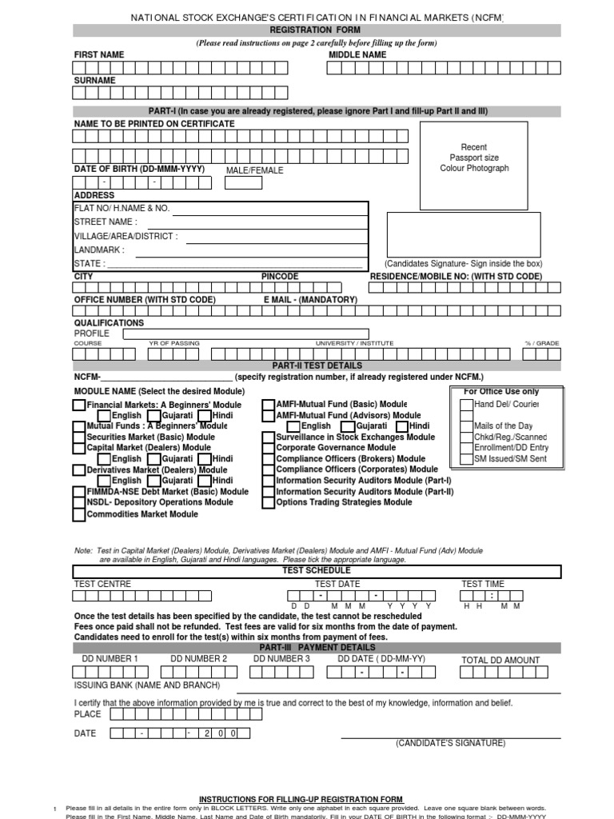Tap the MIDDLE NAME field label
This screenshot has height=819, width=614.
point(357,55)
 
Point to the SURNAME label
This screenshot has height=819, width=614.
point(95,81)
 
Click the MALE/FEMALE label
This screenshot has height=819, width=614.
point(254,170)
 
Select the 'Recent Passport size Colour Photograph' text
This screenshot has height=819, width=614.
point(474,158)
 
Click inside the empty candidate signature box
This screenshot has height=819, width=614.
point(463,234)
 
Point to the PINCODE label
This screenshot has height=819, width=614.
point(280,276)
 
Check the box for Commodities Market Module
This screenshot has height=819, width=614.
point(78,514)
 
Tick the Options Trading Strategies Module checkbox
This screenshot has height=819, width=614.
point(269,502)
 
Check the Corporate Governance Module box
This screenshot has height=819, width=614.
point(269,449)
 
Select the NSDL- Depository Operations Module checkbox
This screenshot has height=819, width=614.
point(78,502)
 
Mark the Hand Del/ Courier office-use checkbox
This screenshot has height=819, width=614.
point(467,405)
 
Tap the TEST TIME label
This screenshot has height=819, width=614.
point(483,584)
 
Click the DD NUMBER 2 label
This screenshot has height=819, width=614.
point(199,659)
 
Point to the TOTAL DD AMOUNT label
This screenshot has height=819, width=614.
point(500,661)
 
